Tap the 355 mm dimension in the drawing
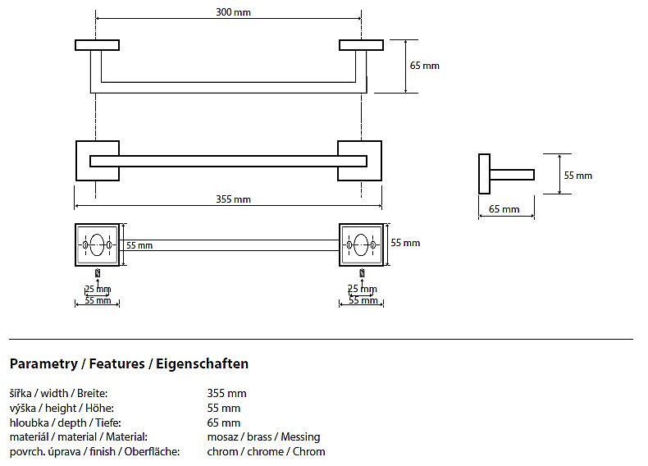point(234,199)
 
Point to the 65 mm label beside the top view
point(425,65)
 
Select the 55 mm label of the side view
point(577,175)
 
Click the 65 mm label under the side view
point(504,209)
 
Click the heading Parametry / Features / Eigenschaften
point(129,363)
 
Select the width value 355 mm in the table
point(227,393)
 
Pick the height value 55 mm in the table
point(224,408)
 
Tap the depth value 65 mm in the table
point(224,423)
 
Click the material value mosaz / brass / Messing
point(263,437)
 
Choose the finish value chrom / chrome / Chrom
point(266,452)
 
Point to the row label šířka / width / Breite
point(58,393)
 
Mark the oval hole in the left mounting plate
point(98,244)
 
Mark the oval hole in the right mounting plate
point(362,244)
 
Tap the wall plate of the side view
point(484,174)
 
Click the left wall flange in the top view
point(97,44)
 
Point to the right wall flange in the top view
point(362,44)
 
